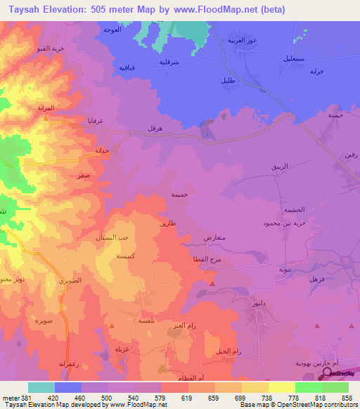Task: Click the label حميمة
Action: (180, 193)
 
